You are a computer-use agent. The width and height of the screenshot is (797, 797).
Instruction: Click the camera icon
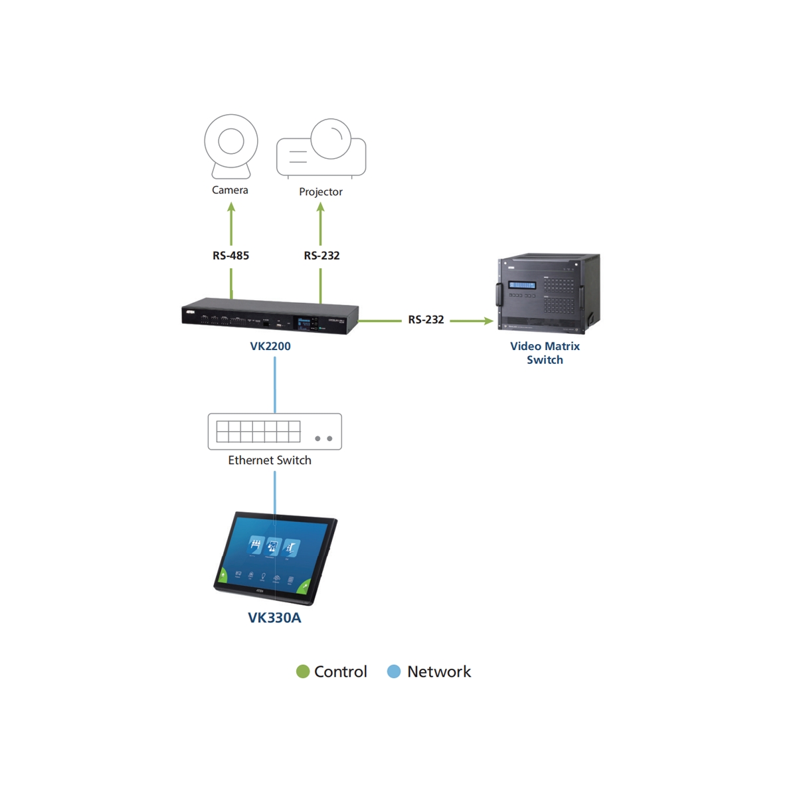[231, 145]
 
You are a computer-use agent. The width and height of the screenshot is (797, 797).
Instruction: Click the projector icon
[321, 149]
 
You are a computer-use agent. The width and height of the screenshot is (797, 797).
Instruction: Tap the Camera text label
[230, 190]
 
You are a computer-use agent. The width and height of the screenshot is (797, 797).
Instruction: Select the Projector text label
[321, 192]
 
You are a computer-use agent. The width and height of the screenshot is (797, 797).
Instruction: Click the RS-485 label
[230, 256]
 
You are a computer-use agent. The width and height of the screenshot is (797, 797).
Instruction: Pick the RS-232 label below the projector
[321, 256]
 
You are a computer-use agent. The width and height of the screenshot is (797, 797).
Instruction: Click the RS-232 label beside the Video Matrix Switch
[426, 320]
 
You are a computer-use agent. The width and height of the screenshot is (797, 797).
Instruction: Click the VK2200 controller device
[270, 316]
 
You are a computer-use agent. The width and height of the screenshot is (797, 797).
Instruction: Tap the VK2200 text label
[270, 346]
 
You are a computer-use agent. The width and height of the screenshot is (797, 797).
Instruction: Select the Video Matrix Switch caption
[545, 353]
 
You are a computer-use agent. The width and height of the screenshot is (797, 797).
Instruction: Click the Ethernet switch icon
[274, 432]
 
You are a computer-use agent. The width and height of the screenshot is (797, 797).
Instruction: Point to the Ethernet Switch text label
[270, 460]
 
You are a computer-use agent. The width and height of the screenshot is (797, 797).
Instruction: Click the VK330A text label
[274, 618]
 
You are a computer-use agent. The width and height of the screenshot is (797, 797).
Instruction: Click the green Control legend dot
[303, 671]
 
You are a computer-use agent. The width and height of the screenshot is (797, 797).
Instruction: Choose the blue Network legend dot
[394, 671]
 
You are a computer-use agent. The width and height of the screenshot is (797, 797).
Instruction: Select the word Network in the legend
[439, 671]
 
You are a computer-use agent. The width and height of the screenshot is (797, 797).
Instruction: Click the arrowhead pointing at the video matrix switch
[489, 321]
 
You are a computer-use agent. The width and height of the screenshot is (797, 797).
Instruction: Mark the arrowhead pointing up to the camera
[231, 207]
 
